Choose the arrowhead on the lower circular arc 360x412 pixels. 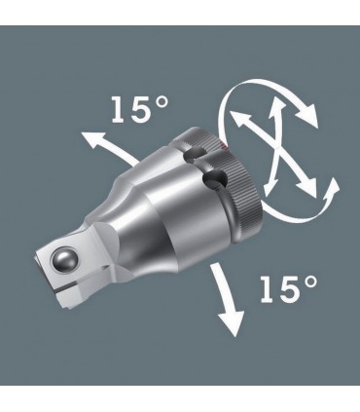pyautogui.click(x=237, y=201)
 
